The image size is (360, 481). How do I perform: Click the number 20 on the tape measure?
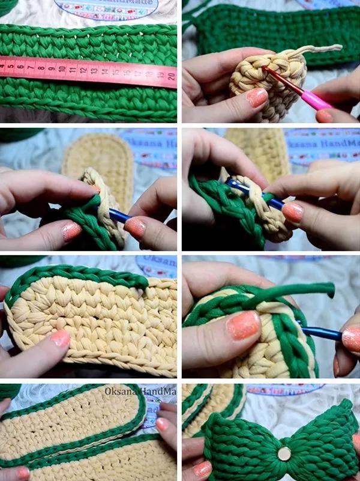171,76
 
